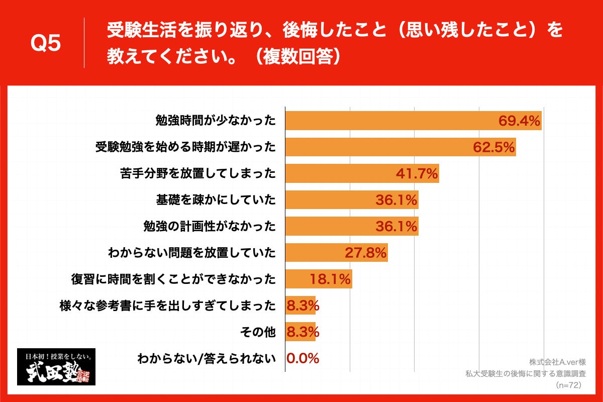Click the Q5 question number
point(46,44)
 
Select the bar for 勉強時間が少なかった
point(392,121)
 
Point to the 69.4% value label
point(519,121)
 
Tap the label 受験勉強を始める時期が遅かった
point(186,147)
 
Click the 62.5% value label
point(494,147)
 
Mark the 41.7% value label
point(417,173)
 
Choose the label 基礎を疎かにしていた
point(216,200)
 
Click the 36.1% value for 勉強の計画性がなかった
point(396,227)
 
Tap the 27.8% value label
point(365,253)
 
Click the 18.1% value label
point(330,279)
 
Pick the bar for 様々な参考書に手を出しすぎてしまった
point(300,306)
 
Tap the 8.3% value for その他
point(303,332)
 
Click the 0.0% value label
point(303,358)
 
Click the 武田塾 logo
point(56,367)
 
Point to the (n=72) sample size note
point(568,385)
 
